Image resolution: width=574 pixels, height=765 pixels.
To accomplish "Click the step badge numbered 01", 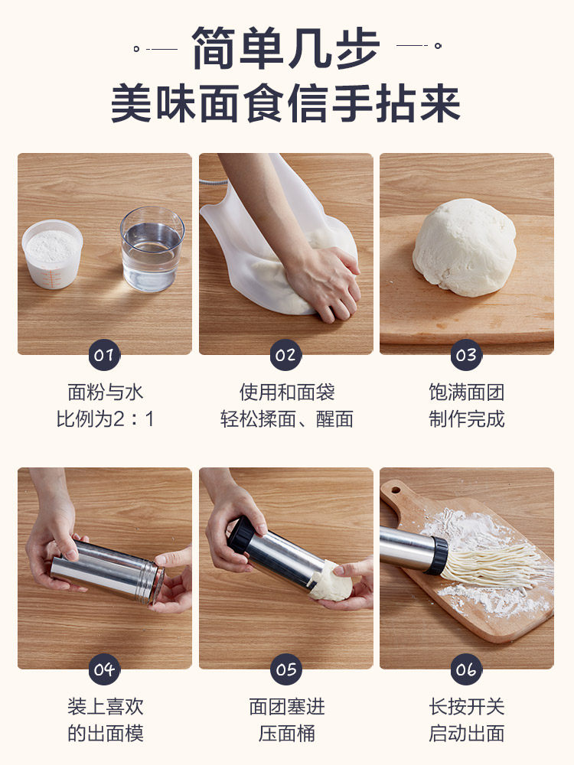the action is point(104,355).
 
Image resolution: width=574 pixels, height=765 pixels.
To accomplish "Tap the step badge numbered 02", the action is point(285,355).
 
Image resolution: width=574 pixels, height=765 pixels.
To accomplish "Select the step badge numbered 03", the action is point(466,355).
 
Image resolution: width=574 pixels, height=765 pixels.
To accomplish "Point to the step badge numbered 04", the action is point(104,669).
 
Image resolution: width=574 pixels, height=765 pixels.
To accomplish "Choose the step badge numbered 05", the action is point(285,669).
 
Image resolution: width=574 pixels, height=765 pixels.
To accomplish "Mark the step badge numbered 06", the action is point(466,669).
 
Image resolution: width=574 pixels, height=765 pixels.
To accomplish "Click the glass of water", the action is point(152,249).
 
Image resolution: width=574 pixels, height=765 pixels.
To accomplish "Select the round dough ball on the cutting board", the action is point(465,247).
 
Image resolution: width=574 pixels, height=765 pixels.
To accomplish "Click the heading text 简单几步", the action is point(286,48).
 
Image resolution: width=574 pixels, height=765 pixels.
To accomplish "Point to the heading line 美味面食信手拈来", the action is point(286,103).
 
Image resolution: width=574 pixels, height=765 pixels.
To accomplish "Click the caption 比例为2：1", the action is point(105,418).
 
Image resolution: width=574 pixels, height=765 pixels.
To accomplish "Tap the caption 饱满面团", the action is point(466,392).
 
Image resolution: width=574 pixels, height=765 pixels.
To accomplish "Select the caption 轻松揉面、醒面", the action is point(286,418).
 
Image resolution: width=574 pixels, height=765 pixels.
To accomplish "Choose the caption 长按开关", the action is point(466,706).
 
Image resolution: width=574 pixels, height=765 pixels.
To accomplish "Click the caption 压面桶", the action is point(286,733).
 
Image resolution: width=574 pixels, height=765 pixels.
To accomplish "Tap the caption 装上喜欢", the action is point(105,706).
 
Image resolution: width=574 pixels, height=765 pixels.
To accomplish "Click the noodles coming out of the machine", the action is point(493,565).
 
